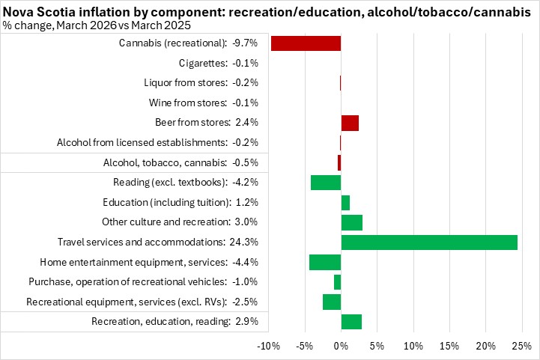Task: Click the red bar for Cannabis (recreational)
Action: point(306,43)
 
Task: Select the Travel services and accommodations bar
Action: point(429,242)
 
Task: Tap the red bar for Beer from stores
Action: point(350,123)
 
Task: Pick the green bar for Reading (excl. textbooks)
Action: point(326,182)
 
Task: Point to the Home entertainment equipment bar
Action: point(325,262)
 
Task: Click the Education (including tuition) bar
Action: point(345,202)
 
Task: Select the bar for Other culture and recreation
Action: point(352,222)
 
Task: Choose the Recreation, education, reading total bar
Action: point(351,322)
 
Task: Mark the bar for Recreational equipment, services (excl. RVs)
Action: point(332,302)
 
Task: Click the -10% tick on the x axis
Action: point(268,346)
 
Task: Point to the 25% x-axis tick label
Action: point(521,346)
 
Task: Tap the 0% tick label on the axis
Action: point(341,346)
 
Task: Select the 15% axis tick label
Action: point(449,346)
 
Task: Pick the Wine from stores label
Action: point(211,103)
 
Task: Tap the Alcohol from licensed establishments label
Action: point(157,142)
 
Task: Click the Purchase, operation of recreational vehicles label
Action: point(143,281)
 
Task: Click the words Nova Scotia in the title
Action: point(36,8)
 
